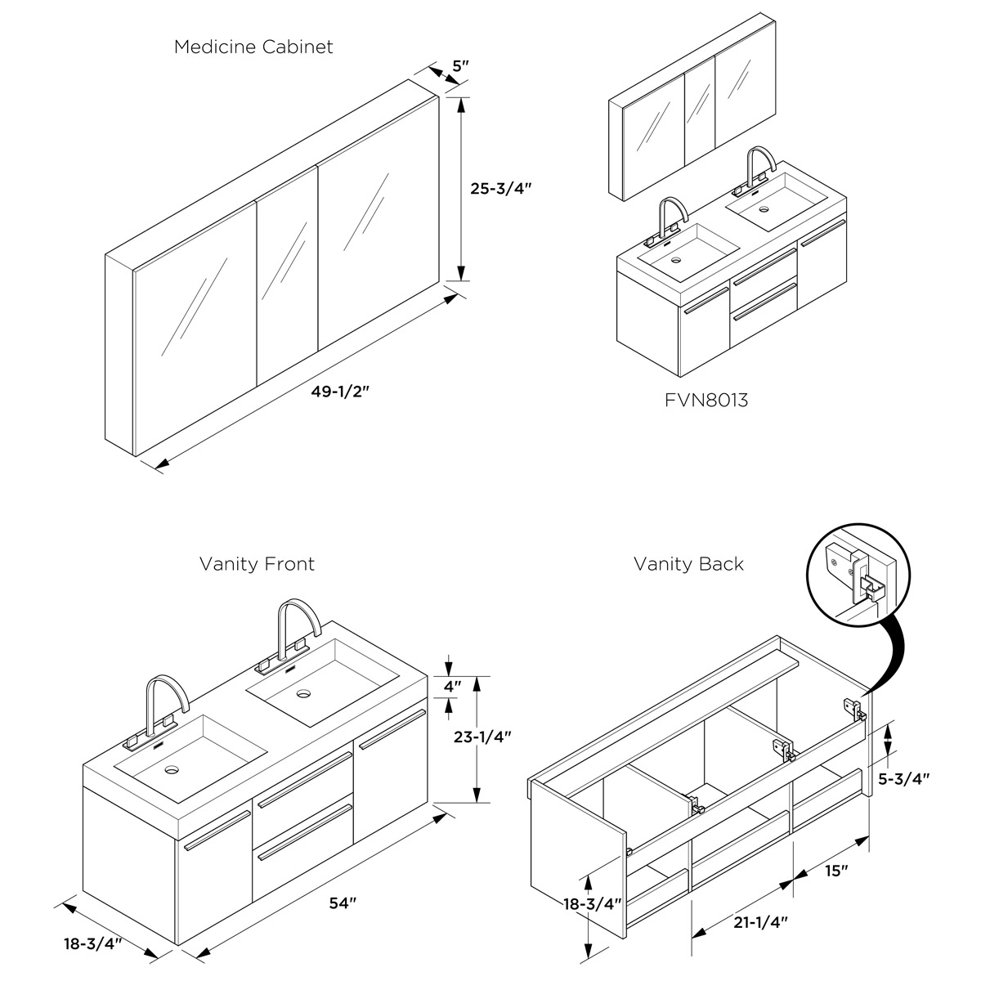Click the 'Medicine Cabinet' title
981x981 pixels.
pos(253,47)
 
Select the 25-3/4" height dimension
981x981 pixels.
pos(501,187)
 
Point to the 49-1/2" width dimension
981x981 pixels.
pos(340,391)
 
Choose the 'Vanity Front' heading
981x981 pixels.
pos(257,564)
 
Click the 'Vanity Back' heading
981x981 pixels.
pos(688,564)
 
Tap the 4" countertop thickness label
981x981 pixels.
pos(452,686)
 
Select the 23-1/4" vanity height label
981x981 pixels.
pos(482,736)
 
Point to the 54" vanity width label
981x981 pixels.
pos(343,903)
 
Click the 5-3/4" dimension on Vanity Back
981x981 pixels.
pos(903,778)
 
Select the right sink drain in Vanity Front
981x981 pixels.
pos(304,694)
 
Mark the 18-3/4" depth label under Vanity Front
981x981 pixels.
pos(93,944)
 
